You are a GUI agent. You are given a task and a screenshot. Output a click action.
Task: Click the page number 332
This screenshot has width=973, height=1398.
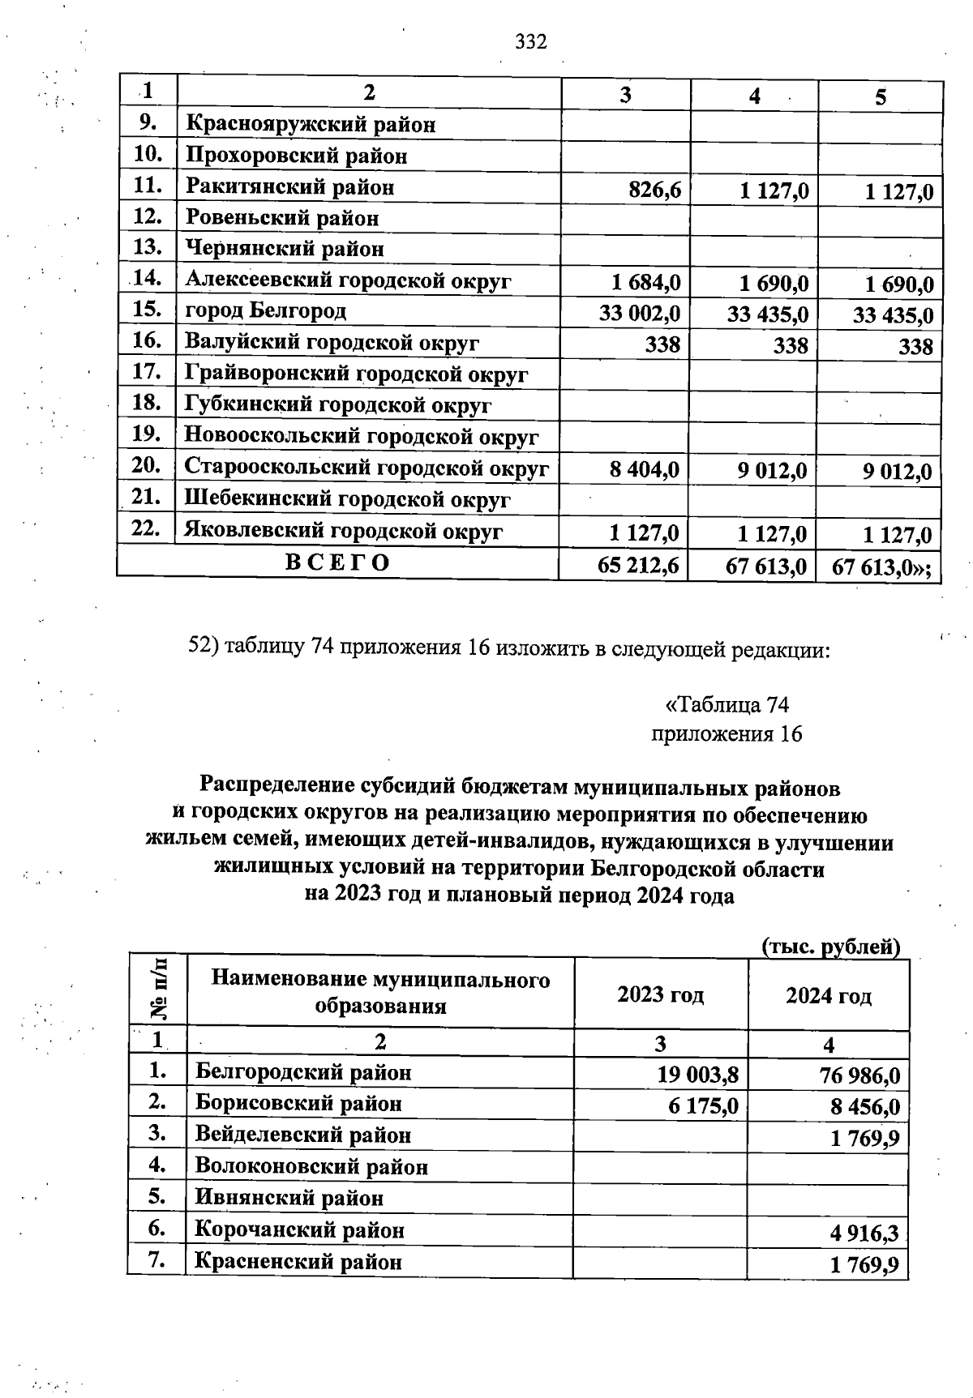(x=531, y=41)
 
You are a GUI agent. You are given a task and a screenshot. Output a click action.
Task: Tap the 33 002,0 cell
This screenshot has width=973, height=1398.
(x=639, y=313)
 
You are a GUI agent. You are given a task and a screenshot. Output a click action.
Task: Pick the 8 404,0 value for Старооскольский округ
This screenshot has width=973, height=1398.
(x=645, y=470)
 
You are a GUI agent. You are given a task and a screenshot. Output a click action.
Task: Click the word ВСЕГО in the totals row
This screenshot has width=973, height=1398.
(x=337, y=562)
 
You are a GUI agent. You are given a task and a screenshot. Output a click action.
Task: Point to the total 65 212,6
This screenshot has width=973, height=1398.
(x=637, y=566)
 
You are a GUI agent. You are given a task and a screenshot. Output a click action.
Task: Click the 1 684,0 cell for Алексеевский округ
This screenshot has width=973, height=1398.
(x=646, y=282)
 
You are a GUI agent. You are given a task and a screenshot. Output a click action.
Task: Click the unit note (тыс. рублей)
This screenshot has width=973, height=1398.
(x=831, y=947)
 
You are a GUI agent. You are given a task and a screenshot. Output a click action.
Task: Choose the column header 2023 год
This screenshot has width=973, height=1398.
(x=660, y=994)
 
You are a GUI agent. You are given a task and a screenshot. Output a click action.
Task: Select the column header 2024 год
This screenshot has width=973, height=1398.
(x=828, y=994)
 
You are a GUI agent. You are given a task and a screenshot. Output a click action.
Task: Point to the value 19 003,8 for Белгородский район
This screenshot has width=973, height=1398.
(x=697, y=1075)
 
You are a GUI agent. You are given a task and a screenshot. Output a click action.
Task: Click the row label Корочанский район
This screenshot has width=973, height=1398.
(x=299, y=1230)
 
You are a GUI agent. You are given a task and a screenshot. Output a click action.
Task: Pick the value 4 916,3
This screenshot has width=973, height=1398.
(x=864, y=1233)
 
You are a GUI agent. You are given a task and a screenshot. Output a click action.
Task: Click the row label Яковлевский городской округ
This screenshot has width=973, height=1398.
(x=343, y=531)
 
